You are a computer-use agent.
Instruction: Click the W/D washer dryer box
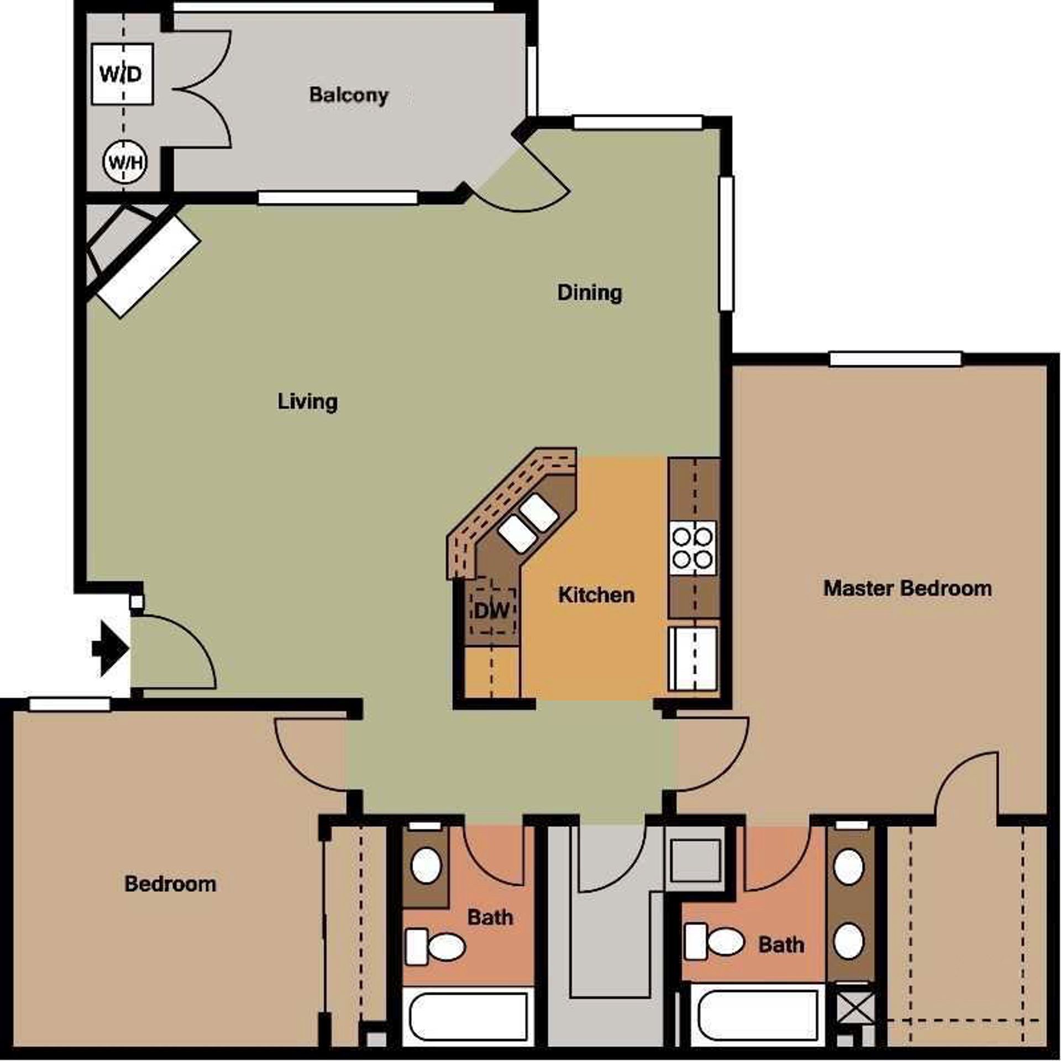pyautogui.click(x=122, y=73)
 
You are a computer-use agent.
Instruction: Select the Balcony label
pyautogui.click(x=348, y=95)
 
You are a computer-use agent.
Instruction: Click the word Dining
pyautogui.click(x=589, y=292)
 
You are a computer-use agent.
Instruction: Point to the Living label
pyautogui.click(x=307, y=402)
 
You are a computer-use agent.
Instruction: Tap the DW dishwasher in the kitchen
pyautogui.click(x=492, y=611)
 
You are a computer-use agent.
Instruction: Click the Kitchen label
pyautogui.click(x=596, y=595)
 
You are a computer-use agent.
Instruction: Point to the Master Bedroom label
pyautogui.click(x=907, y=588)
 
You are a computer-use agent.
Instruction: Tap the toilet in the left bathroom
pyautogui.click(x=437, y=947)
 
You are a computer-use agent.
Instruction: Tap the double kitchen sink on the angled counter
pyautogui.click(x=527, y=522)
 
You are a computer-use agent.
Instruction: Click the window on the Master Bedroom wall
pyautogui.click(x=895, y=359)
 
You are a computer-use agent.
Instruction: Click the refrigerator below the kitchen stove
pyautogui.click(x=692, y=658)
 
